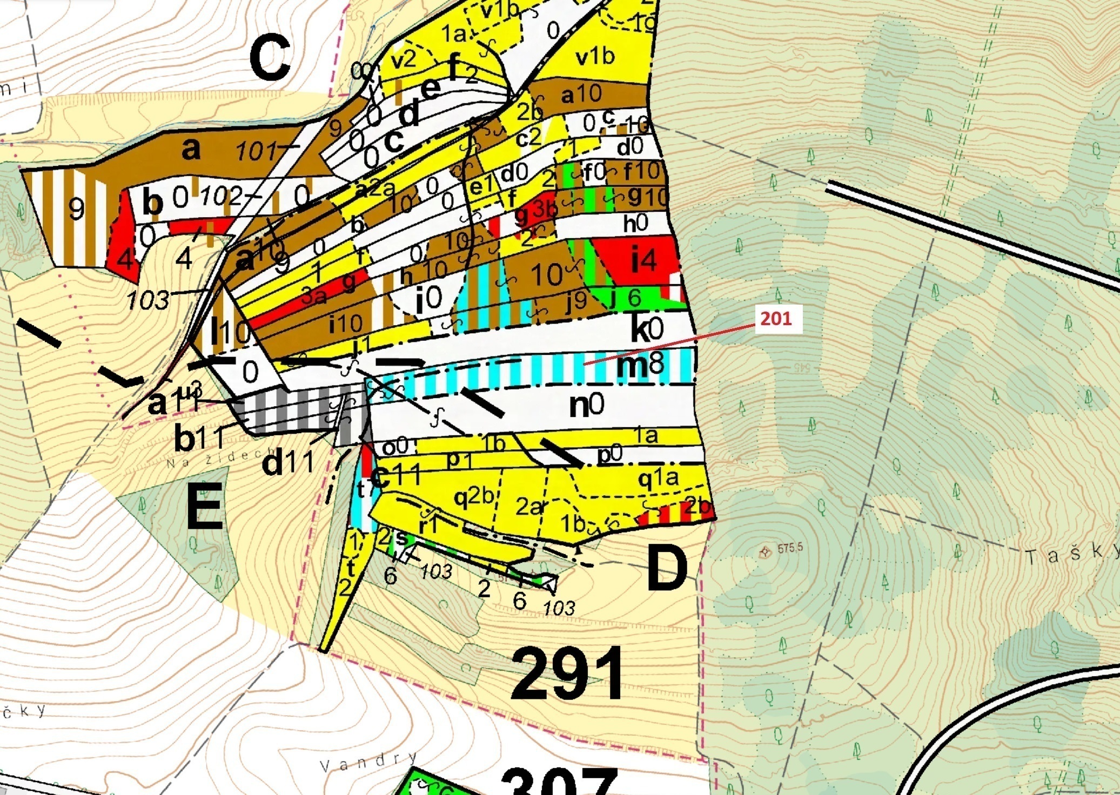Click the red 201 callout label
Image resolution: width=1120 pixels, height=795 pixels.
pyautogui.click(x=776, y=319)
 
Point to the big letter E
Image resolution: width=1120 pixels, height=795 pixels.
pyautogui.click(x=204, y=506)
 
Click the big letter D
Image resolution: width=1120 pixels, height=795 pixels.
pyautogui.click(x=667, y=568)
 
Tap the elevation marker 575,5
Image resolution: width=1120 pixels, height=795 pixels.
pyautogui.click(x=789, y=549)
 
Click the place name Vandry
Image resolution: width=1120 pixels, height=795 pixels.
pyautogui.click(x=368, y=762)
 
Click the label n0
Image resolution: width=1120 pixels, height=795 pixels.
pyautogui.click(x=587, y=405)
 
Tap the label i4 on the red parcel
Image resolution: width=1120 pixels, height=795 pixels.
pyautogui.click(x=644, y=261)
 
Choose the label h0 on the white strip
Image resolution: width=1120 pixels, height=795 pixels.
pyautogui.click(x=635, y=223)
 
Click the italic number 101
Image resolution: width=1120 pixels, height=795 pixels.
pyautogui.click(x=257, y=151)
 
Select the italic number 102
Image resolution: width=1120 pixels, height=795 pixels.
pyautogui.click(x=221, y=197)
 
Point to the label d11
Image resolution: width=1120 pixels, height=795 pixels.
pyautogui.click(x=288, y=463)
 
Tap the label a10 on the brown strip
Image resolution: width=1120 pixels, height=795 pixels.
pyautogui.click(x=581, y=95)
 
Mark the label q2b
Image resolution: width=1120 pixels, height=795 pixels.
pyautogui.click(x=474, y=497)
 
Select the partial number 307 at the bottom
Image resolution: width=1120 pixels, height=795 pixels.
pyautogui.click(x=559, y=782)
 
